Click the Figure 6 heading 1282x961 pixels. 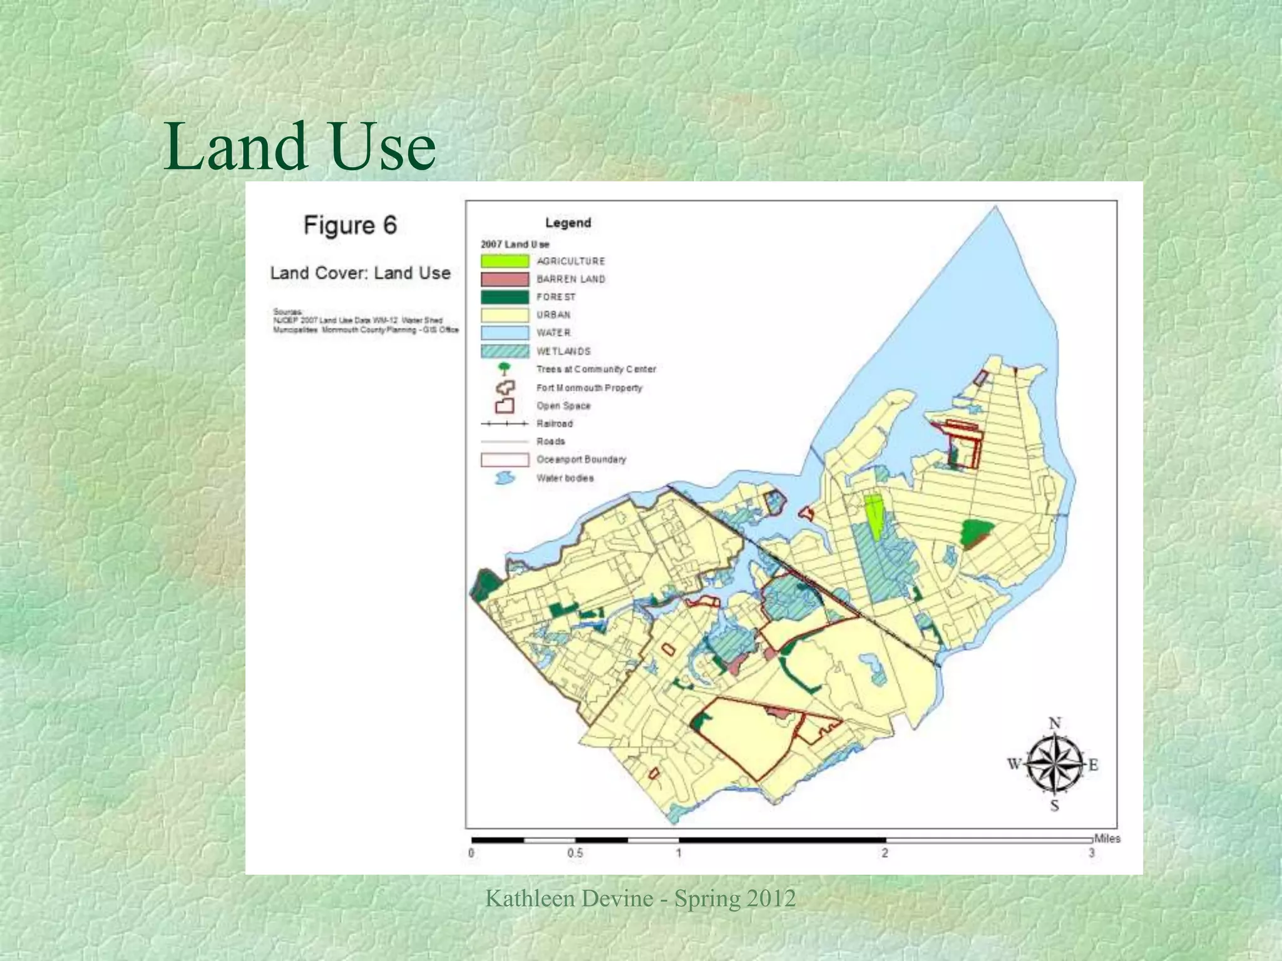[350, 225]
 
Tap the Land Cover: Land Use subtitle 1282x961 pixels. [360, 273]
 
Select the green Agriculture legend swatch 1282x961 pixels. [505, 261]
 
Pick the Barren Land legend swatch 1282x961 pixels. [505, 279]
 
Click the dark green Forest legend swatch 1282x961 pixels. [505, 297]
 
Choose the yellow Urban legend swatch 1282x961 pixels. [505, 315]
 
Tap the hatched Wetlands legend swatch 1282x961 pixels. [505, 351]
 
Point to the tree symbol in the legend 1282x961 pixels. [504, 369]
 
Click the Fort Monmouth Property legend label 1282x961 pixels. [589, 388]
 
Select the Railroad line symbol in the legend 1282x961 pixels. [505, 424]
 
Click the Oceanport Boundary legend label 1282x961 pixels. [581, 459]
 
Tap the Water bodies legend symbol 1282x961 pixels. [505, 479]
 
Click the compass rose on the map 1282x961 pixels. [1055, 765]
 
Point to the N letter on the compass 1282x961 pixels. [1055, 724]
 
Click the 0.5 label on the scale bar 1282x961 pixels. [575, 853]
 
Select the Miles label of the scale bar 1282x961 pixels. [1107, 838]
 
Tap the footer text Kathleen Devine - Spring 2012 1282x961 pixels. [640, 898]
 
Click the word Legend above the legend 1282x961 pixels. [568, 223]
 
